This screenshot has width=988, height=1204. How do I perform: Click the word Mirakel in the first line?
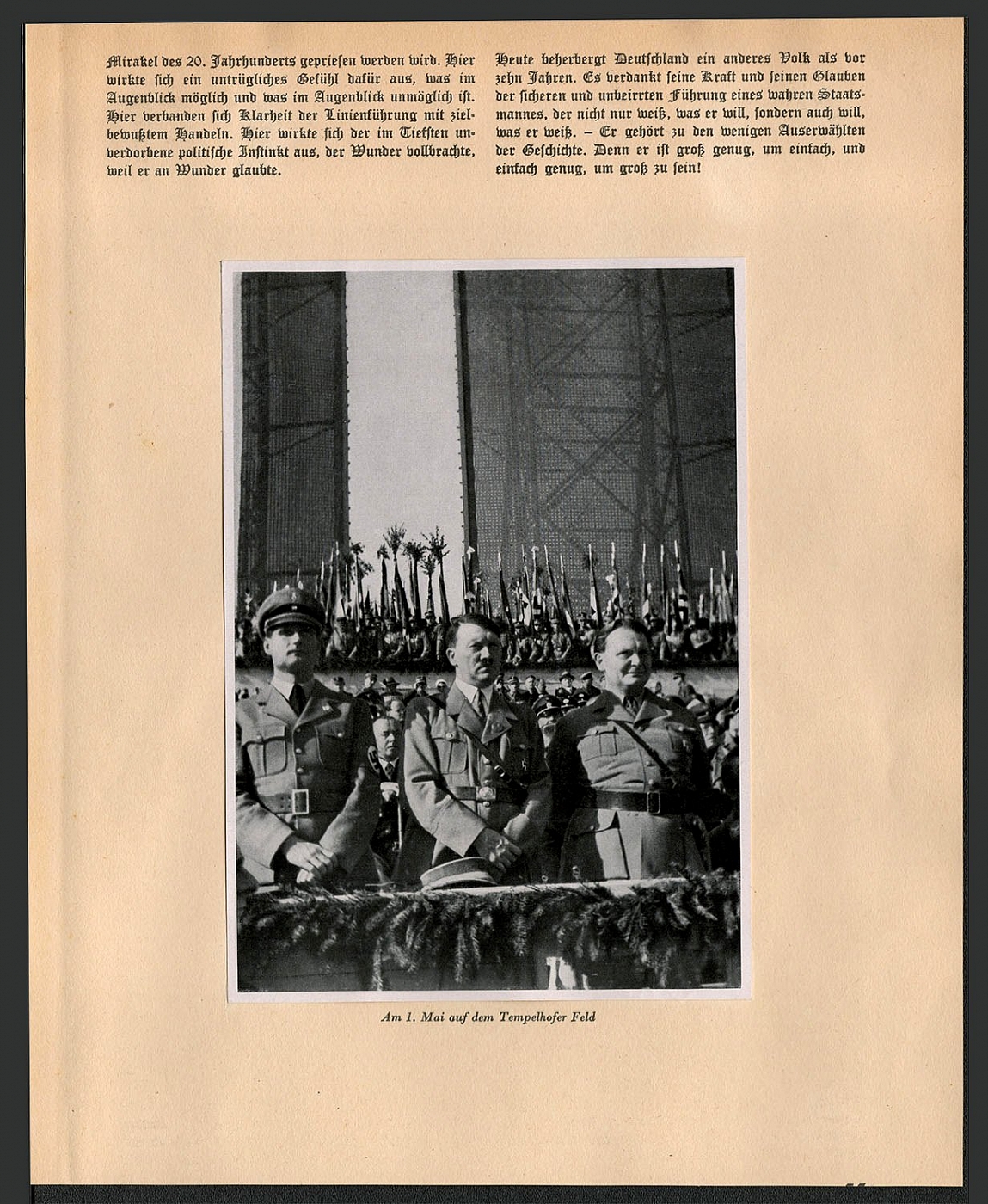pyautogui.click(x=126, y=61)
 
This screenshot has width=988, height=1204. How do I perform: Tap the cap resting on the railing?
pyautogui.click(x=457, y=874)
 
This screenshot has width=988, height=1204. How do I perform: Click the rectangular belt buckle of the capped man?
pyautogui.click(x=299, y=802)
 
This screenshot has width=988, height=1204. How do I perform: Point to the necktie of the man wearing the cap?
pyautogui.click(x=297, y=697)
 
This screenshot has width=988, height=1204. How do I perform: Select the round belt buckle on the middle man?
pyautogui.click(x=484, y=793)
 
